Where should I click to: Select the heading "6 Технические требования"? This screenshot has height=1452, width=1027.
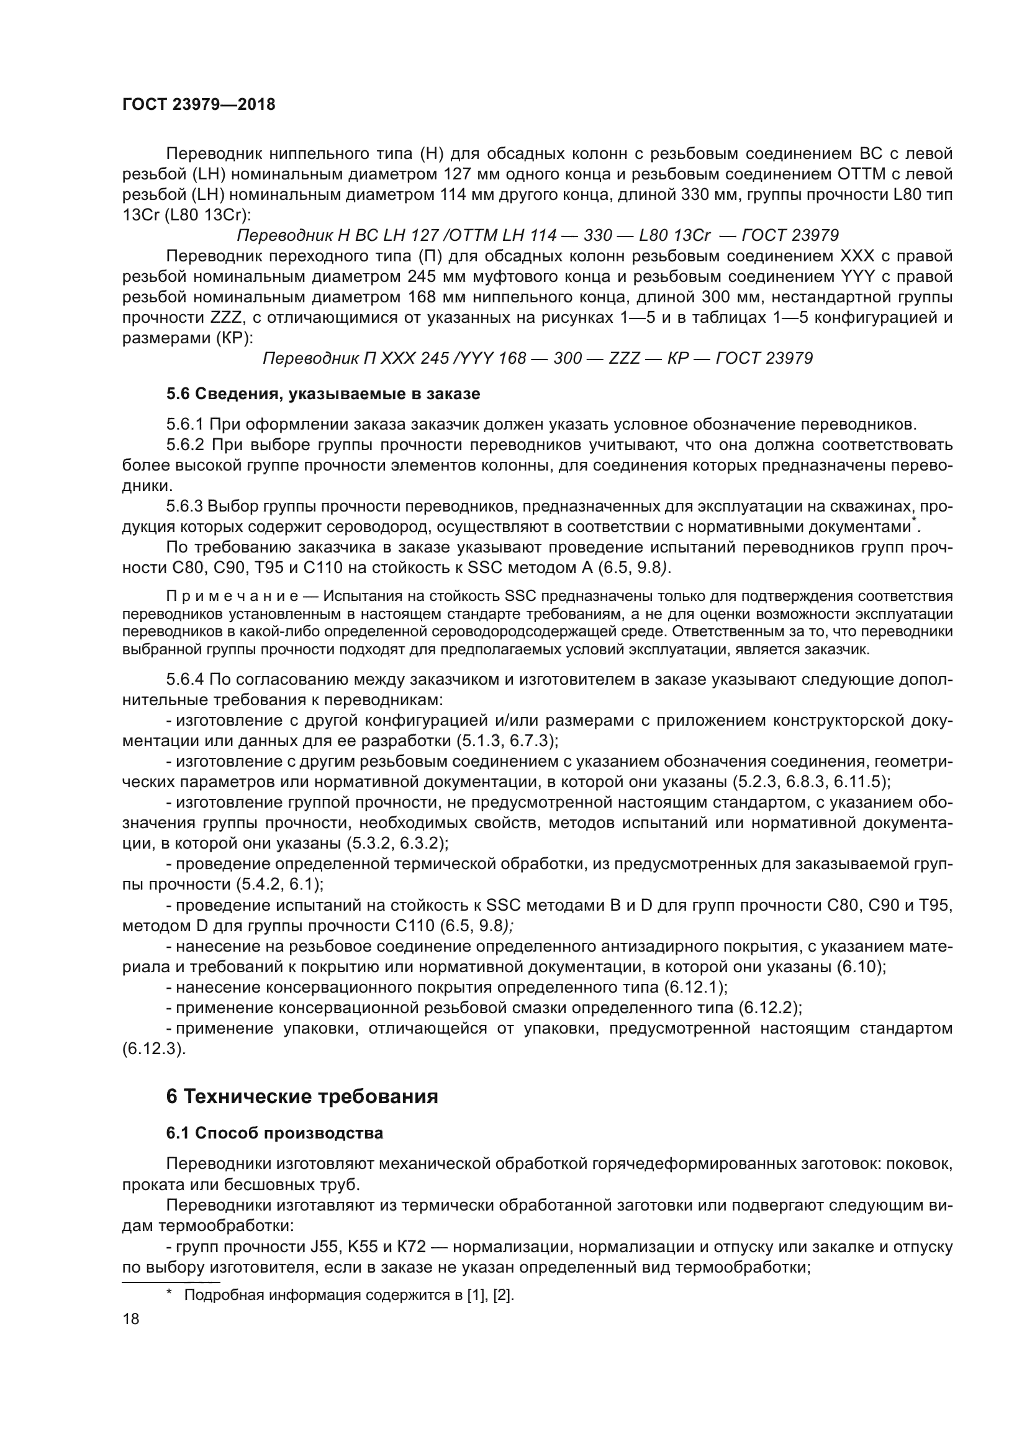pos(302,1096)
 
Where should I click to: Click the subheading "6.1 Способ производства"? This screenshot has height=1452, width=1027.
pos(274,1133)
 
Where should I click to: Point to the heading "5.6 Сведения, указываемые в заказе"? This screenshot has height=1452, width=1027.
pos(323,394)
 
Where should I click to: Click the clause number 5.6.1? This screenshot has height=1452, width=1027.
pos(185,424)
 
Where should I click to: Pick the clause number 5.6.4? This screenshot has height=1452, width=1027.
pos(185,680)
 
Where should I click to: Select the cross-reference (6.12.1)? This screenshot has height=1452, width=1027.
pos(695,987)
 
